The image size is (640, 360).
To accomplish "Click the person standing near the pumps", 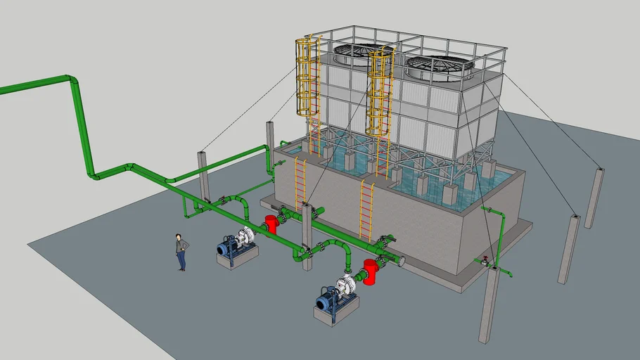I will [182, 252].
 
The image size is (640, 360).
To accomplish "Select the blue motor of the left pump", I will [229, 247].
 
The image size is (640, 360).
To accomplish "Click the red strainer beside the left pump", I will [271, 225].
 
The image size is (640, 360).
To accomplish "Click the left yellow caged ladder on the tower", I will [307, 77].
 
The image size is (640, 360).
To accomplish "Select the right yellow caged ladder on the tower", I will [380, 91].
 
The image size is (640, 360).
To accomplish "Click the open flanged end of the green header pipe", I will [401, 262].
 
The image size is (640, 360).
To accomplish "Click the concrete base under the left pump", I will [236, 258].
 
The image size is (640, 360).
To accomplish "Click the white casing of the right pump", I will [347, 285].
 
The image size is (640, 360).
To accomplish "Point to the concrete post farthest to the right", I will [594, 198].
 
